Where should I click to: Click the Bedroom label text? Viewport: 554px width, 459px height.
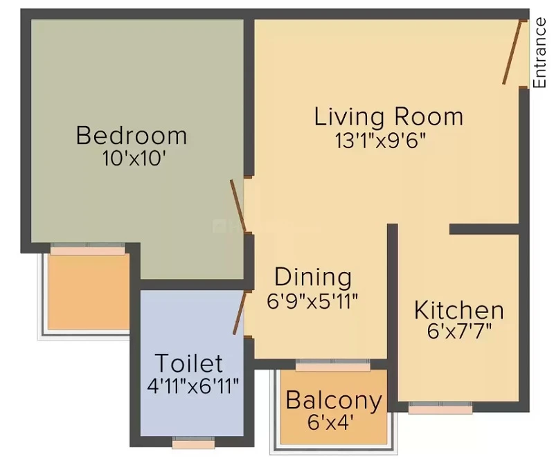click(x=132, y=135)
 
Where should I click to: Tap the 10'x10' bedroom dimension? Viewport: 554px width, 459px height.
click(x=134, y=159)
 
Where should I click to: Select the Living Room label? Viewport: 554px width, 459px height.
click(x=388, y=116)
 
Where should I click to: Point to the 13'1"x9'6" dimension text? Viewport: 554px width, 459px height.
click(x=379, y=141)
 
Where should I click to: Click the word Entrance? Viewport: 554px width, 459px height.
click(x=539, y=53)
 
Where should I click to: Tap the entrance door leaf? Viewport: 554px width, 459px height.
click(x=512, y=53)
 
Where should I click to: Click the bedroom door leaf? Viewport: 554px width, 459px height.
click(x=238, y=206)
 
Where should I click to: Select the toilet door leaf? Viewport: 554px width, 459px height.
click(x=239, y=313)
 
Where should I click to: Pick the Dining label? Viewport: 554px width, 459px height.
click(x=313, y=278)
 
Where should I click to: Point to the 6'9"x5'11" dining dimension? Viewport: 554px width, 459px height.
click(x=312, y=302)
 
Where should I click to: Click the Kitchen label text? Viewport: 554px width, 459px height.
click(x=459, y=310)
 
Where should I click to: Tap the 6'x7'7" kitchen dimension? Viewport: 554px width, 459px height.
click(x=459, y=332)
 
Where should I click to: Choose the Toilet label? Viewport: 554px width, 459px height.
click(x=189, y=363)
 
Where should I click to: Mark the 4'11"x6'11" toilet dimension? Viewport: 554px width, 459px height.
click(x=193, y=386)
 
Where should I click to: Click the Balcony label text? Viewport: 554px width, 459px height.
click(x=334, y=401)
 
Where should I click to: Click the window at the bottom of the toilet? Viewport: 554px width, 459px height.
click(x=194, y=442)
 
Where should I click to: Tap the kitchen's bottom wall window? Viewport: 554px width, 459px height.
click(x=440, y=407)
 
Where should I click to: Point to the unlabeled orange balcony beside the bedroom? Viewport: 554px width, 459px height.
click(x=89, y=292)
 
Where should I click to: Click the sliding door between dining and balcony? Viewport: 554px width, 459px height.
click(x=333, y=365)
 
